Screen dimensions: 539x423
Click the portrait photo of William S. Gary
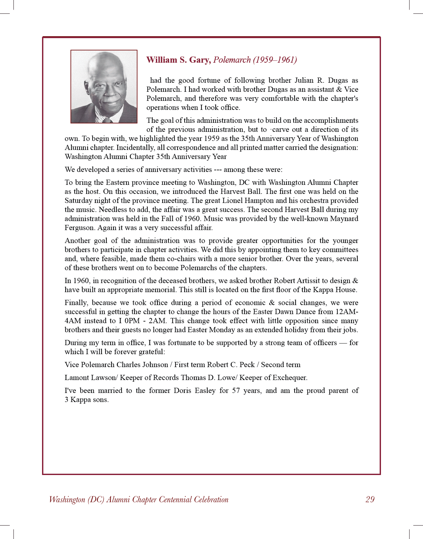(x=104, y=87)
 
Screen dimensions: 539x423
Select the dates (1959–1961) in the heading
(x=275, y=60)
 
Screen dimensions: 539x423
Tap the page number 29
(x=370, y=500)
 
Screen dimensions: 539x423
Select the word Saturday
(x=78, y=201)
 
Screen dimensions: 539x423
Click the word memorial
(x=162, y=290)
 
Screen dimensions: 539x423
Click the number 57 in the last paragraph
(x=236, y=391)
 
